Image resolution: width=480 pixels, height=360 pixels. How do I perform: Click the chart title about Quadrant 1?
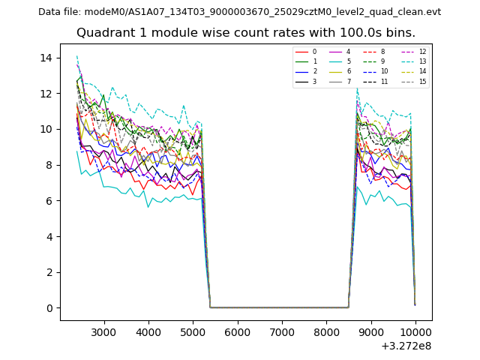click(x=245, y=33)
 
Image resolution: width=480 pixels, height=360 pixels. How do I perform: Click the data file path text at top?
click(x=239, y=11)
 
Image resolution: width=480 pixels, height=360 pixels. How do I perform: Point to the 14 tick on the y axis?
click(x=45, y=58)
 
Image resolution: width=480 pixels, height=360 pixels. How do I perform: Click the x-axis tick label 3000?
click(x=103, y=331)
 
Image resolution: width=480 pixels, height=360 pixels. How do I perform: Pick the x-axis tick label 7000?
click(x=282, y=331)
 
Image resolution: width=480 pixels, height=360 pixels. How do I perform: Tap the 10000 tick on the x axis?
click(x=415, y=331)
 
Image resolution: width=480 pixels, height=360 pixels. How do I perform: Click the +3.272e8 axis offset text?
click(x=405, y=346)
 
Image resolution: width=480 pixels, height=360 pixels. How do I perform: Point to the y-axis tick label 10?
click(x=45, y=129)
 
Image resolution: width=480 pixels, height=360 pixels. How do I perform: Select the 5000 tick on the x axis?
click(x=193, y=331)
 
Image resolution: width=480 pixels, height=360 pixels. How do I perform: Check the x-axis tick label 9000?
click(x=371, y=331)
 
